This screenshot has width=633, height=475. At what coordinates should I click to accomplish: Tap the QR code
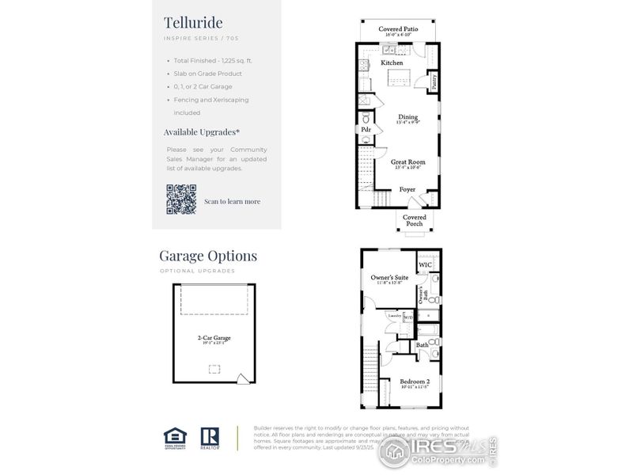pyautogui.click(x=180, y=199)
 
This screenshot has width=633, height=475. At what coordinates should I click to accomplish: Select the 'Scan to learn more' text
pyautogui.click(x=232, y=201)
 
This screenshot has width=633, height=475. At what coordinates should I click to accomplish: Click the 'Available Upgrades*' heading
pyautogui.click(x=202, y=132)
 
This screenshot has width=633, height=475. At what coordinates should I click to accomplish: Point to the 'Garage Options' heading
pyautogui.click(x=208, y=256)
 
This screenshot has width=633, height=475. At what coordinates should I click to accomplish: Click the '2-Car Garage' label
pyautogui.click(x=214, y=337)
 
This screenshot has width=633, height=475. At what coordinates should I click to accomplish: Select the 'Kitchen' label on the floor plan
pyautogui.click(x=392, y=63)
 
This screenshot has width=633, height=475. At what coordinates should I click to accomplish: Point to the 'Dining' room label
pyautogui.click(x=407, y=117)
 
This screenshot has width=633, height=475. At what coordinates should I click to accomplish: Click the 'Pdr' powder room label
pyautogui.click(x=366, y=129)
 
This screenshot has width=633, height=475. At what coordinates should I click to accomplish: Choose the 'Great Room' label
pyautogui.click(x=407, y=162)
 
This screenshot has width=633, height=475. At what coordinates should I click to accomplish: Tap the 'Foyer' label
pyautogui.click(x=407, y=189)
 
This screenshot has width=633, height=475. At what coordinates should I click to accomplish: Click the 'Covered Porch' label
pyautogui.click(x=414, y=220)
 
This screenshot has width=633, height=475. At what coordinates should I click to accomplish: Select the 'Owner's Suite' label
pyautogui.click(x=389, y=278)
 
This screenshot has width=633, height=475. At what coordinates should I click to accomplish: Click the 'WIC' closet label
pyautogui.click(x=425, y=264)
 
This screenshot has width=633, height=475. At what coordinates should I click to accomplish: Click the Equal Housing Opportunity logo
pyautogui.click(x=172, y=439)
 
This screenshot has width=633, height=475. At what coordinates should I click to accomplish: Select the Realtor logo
pyautogui.click(x=210, y=439)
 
